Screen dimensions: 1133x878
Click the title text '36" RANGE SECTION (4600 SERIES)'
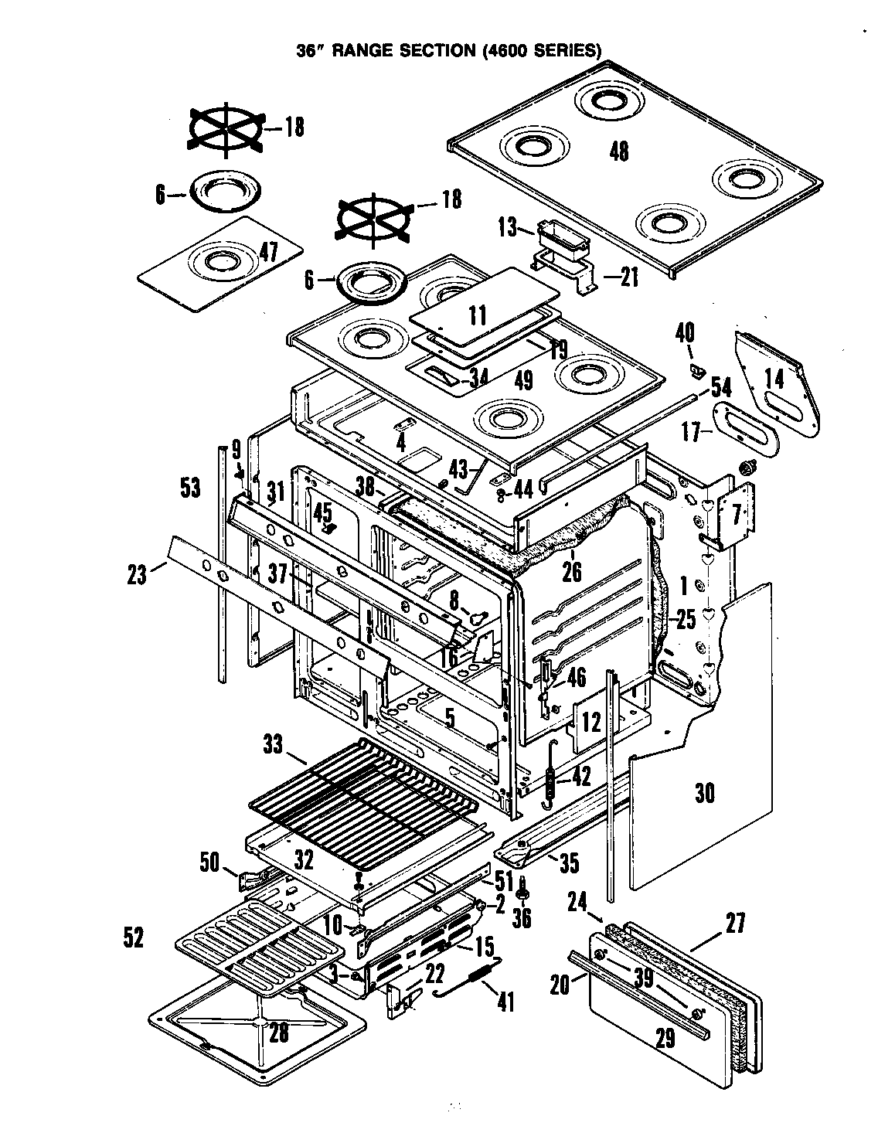coord(449,51)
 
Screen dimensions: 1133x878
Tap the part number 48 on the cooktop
coord(618,151)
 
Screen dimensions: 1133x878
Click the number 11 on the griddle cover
coord(478,315)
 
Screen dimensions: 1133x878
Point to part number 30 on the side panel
coord(704,794)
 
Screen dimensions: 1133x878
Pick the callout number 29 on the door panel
coord(664,1038)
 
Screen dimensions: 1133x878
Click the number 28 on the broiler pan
coord(278,1033)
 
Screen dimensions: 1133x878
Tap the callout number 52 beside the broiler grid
coord(133,937)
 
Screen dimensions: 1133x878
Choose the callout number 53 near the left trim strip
coord(189,488)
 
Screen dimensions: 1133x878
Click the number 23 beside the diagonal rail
coord(137,576)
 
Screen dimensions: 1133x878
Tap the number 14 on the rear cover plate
coord(774,378)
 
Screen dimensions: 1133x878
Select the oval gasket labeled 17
coord(745,424)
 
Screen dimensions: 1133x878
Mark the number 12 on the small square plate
coord(591,723)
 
